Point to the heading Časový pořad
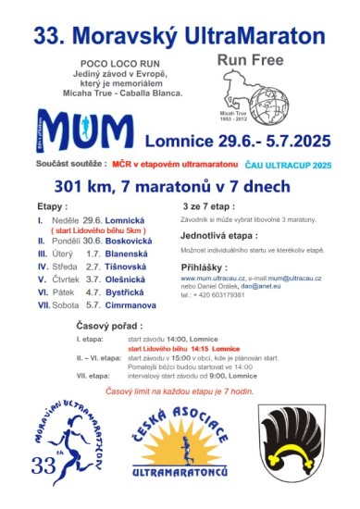click(109, 328)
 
